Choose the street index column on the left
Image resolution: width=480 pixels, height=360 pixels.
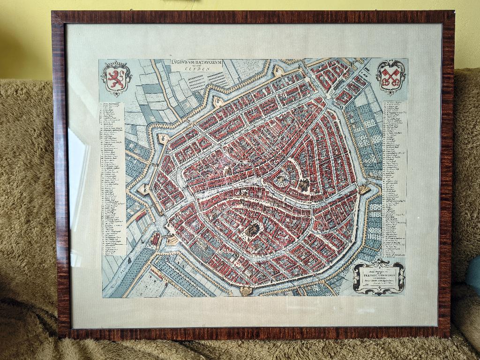[x=112, y=178]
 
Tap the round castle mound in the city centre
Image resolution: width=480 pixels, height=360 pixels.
[x=282, y=179]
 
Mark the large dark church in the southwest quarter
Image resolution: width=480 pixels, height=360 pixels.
[x=253, y=230]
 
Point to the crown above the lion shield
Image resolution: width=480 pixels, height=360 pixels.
[x=116, y=64]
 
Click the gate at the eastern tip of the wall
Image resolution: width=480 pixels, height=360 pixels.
[x=364, y=189]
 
